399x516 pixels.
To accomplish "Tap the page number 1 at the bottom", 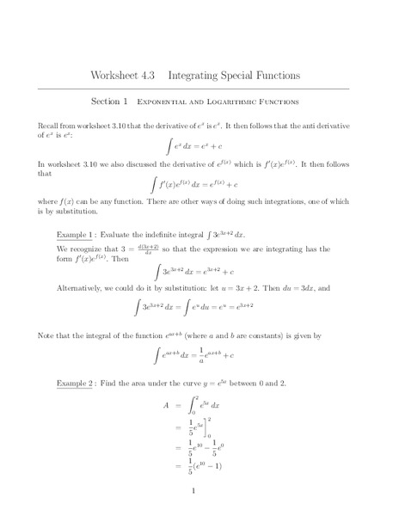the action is coord(195,492).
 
